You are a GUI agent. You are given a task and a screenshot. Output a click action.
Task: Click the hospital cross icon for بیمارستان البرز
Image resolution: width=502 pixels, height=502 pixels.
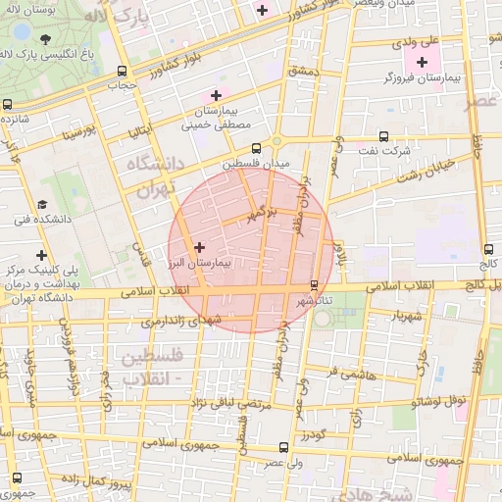(x=200, y=247)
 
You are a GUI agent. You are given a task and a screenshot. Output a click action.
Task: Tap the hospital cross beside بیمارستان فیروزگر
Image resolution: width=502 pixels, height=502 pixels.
(x=422, y=63)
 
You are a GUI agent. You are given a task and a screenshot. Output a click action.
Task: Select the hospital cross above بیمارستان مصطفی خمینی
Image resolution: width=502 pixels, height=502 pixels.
(x=215, y=95)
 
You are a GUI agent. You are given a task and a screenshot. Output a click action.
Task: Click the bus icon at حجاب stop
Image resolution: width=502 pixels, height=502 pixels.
(x=122, y=71)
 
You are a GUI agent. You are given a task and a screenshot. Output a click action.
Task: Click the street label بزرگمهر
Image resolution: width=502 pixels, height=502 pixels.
(x=262, y=210)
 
